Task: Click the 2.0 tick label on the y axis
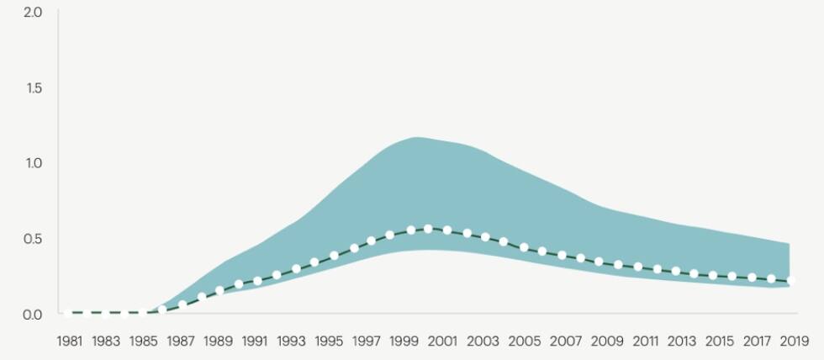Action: (33, 13)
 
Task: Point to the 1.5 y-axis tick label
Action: (33, 88)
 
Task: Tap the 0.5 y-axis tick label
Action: (33, 239)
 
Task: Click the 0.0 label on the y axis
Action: (33, 314)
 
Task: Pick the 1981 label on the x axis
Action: (68, 341)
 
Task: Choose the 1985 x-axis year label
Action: (144, 341)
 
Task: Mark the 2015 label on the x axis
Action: (719, 341)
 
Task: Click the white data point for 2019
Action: (790, 281)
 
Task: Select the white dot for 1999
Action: (410, 230)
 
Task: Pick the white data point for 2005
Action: (524, 247)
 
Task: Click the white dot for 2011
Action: (638, 267)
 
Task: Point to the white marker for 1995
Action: (334, 255)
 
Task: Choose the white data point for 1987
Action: (182, 304)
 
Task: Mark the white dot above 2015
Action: (713, 275)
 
